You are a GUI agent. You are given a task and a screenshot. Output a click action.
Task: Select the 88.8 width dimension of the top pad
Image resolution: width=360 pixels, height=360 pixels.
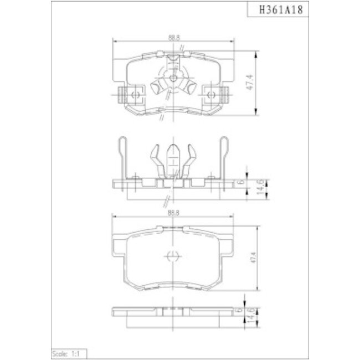pos(173,37)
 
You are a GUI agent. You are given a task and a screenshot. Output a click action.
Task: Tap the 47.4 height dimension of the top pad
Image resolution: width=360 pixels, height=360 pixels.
pos(250,84)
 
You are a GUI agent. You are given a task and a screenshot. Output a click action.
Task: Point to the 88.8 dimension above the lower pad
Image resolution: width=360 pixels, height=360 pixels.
pos(173,212)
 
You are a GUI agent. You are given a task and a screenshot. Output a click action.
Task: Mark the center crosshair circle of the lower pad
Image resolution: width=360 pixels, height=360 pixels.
pos(172,256)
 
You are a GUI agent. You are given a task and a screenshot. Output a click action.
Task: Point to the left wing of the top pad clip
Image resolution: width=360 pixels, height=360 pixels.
pos(157,88)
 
